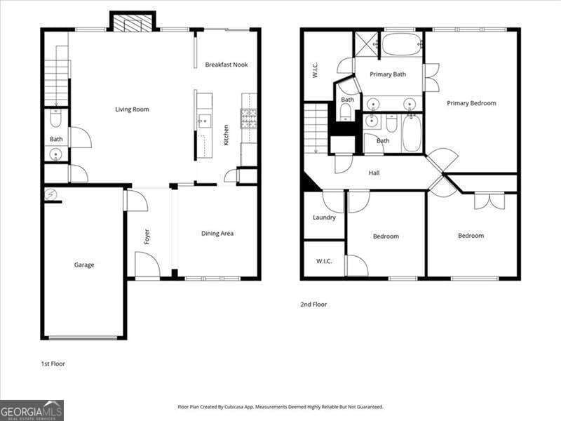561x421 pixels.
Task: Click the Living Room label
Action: (132, 109)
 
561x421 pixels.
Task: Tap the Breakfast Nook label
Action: (226, 65)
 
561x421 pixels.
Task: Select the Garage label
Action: (84, 265)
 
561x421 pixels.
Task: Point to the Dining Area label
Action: (217, 234)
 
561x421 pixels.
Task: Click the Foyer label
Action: (147, 237)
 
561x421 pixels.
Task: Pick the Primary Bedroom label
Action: (471, 104)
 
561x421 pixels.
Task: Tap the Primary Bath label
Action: (388, 73)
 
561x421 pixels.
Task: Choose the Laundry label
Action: (324, 218)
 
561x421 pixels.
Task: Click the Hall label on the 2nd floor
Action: (374, 173)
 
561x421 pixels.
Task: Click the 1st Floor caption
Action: (53, 364)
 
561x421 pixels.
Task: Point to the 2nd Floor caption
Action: (313, 305)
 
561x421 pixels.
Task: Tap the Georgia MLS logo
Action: (32, 410)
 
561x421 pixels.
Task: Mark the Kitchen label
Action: (226, 135)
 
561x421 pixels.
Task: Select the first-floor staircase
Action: (56, 77)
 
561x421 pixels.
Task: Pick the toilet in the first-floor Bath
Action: (57, 119)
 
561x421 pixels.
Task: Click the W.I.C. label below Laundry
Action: (323, 262)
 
